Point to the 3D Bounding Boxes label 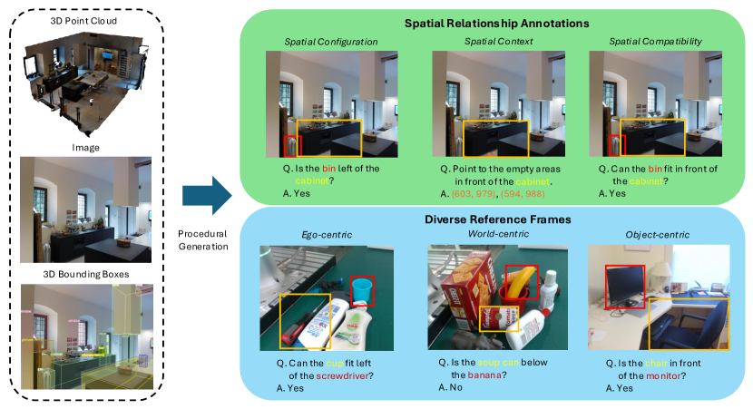[86, 274]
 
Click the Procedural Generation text [204, 239]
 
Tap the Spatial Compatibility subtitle [655, 42]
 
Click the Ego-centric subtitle [327, 236]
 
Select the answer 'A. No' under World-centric [451, 387]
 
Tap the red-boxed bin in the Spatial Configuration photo [290, 148]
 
